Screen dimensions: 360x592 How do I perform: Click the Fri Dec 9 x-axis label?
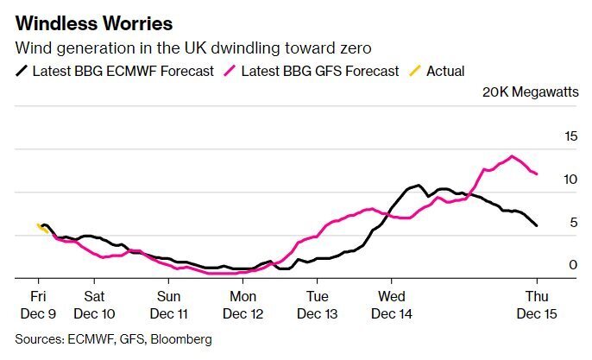tap(38, 300)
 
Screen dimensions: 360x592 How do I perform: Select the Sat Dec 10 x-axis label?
tap(95, 300)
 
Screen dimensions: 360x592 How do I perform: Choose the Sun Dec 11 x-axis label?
tap(168, 300)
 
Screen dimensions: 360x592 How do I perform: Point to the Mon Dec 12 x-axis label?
tap(243, 300)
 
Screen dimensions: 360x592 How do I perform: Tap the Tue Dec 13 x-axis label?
tap(318, 300)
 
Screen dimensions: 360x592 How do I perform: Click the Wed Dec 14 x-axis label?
tap(392, 300)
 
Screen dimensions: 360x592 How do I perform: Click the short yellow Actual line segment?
tap(41, 228)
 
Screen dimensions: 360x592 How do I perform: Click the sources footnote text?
tap(113, 339)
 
